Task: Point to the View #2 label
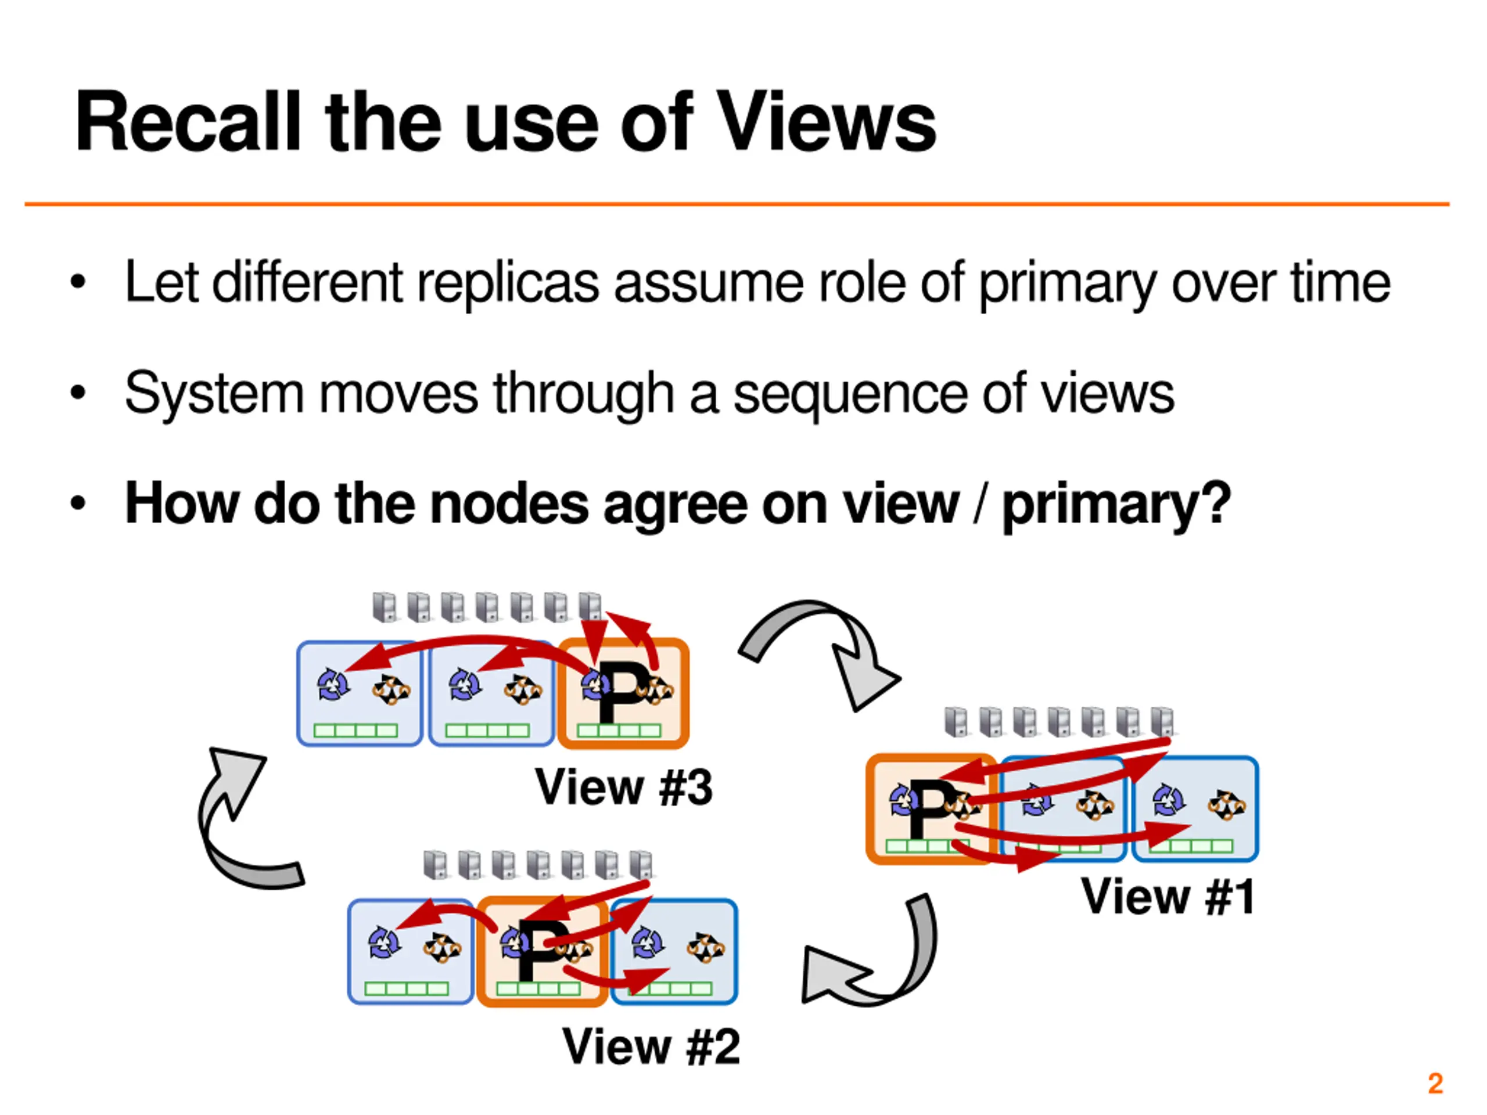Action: [651, 1046]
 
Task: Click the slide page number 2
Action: [1435, 1084]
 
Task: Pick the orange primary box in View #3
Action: [623, 693]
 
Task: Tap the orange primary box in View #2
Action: [543, 951]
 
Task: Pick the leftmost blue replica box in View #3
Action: [360, 693]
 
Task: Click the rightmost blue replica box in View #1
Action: [1195, 808]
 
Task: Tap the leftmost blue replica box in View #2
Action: [411, 951]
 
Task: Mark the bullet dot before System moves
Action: [78, 392]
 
